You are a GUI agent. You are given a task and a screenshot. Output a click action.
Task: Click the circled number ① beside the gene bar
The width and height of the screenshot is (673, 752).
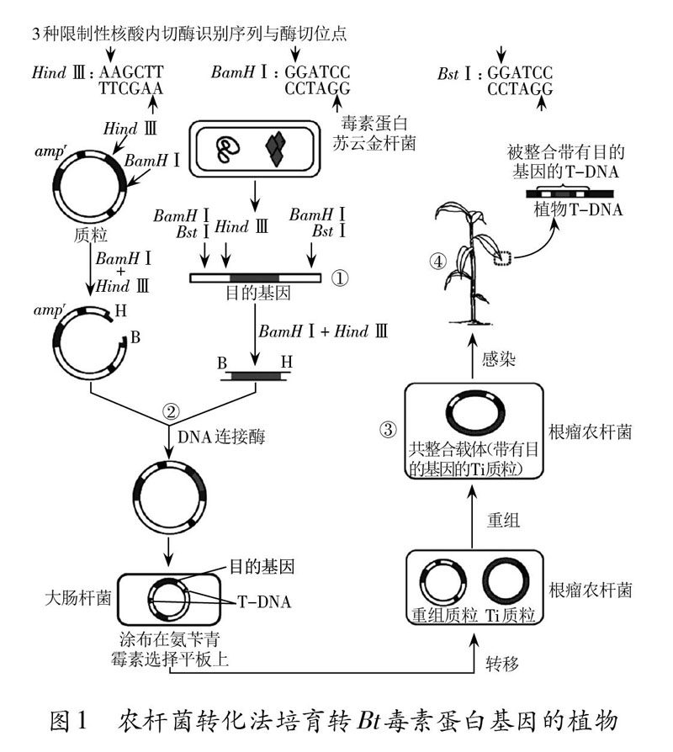coord(340,278)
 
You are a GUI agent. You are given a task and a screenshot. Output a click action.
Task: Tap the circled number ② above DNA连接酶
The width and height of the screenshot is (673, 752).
coord(171,412)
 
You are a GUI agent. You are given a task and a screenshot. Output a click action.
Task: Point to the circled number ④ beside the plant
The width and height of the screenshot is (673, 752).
coord(438,261)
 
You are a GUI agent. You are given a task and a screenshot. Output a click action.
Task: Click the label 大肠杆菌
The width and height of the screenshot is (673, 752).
coord(74,601)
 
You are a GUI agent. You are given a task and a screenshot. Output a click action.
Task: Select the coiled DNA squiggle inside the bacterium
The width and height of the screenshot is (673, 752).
coord(228,150)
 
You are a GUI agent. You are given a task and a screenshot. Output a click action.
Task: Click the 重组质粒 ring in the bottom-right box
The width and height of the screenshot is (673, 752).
coord(446,584)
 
